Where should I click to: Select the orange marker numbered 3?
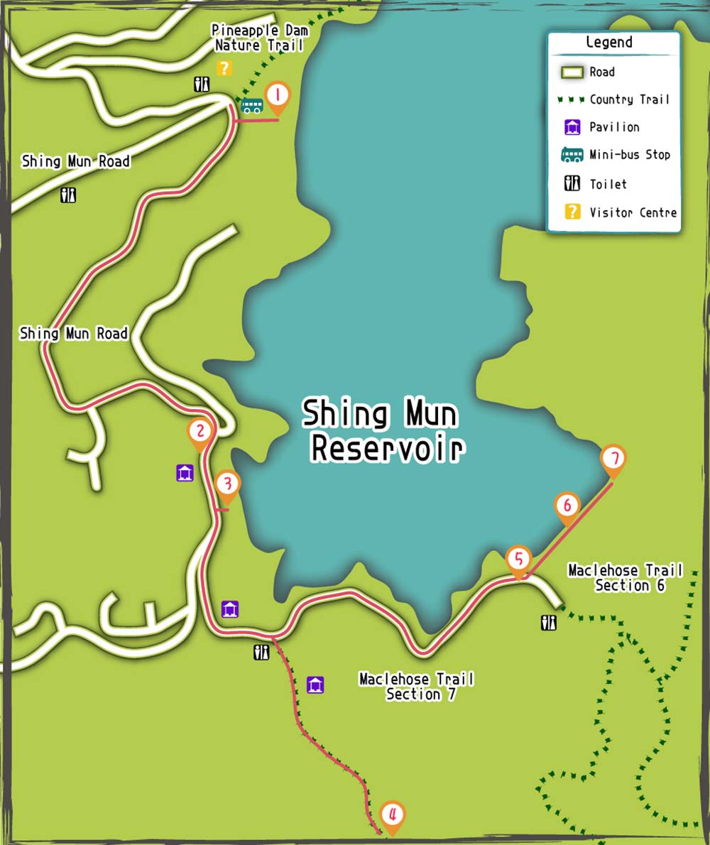[227, 485]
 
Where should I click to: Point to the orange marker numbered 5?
[519, 560]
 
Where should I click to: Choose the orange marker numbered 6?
[567, 506]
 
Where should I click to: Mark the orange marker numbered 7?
[613, 459]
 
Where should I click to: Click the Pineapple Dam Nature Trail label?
[260, 39]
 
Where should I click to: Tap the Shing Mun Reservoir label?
[381, 430]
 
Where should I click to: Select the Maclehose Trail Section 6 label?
[626, 577]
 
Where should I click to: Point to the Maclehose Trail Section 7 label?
[417, 686]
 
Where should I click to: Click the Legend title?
[608, 42]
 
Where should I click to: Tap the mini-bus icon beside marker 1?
[251, 106]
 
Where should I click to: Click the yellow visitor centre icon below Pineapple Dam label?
[224, 68]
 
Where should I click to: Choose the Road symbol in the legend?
[572, 72]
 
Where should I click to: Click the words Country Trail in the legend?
[630, 99]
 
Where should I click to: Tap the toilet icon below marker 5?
[549, 623]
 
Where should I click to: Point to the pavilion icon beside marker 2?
[185, 472]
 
